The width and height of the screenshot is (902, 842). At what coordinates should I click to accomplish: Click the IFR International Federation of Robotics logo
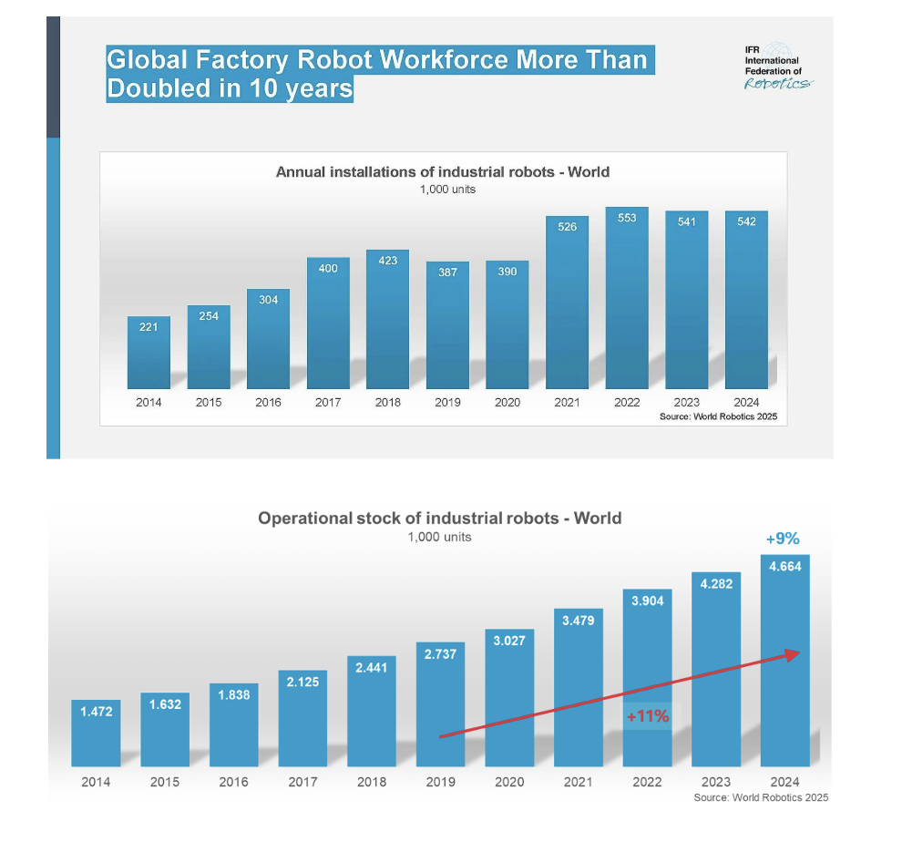point(778,67)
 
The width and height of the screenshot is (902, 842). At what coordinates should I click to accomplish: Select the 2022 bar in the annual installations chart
point(627,298)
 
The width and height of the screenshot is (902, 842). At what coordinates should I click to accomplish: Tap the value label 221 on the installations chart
point(149,327)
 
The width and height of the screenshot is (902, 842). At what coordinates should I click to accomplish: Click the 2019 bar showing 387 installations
point(447,325)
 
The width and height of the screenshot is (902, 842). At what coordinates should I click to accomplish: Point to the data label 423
point(388,261)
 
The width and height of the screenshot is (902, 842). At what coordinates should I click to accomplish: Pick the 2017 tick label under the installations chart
point(328,402)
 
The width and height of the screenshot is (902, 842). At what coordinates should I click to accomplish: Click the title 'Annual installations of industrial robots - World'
point(443,172)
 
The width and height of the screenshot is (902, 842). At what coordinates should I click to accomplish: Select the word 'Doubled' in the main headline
point(159,88)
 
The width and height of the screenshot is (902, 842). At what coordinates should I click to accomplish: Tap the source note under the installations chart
point(718,416)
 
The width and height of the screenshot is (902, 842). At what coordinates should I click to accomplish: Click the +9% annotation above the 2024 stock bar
point(783,539)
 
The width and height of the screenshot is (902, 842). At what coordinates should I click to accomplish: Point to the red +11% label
point(648,716)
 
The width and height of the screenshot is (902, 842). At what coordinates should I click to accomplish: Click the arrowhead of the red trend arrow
point(794,654)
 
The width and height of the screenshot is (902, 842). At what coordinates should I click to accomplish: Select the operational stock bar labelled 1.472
point(96,734)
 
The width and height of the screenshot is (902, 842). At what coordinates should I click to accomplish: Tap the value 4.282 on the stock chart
point(716,584)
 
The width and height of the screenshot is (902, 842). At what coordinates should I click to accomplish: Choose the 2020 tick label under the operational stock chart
point(509,782)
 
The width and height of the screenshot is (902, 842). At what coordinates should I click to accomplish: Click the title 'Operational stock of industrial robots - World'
point(439,519)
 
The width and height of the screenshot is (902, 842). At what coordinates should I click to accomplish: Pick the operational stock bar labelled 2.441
point(372,712)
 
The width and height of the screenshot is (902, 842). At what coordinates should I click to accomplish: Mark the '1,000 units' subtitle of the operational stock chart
point(439,537)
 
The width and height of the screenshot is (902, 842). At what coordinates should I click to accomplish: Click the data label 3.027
point(509,641)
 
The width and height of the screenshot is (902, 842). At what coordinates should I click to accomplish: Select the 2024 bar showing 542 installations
point(747,300)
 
